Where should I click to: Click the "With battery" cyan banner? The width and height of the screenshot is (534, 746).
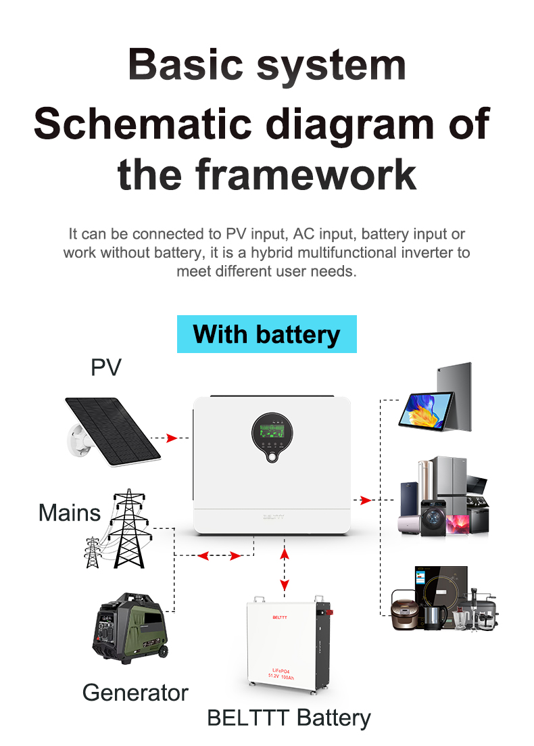[x=266, y=334]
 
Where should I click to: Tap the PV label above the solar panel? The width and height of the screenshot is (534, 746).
[x=106, y=367]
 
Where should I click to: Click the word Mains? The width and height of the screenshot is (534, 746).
[x=69, y=512]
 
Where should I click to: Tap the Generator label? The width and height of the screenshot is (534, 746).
[x=135, y=693]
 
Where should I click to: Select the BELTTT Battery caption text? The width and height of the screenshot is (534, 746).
[x=289, y=718]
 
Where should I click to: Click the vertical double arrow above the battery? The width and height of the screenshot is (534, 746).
[x=285, y=569]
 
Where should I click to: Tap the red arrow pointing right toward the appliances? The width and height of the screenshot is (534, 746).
[x=366, y=500]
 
